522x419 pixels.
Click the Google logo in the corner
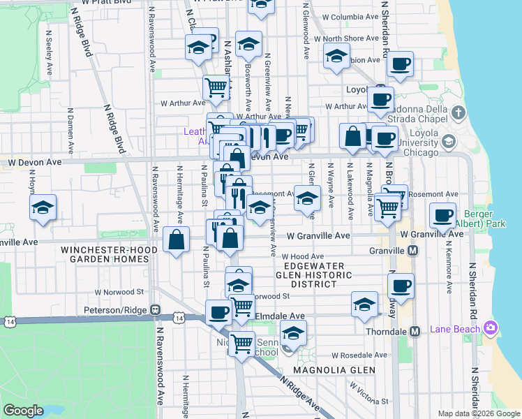[24, 411]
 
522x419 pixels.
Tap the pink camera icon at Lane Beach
[491, 328]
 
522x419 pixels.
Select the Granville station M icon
[412, 251]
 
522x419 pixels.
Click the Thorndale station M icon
[415, 331]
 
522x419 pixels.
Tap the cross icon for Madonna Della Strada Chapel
[458, 112]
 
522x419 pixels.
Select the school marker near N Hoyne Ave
[43, 207]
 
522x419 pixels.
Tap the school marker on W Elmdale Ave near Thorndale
[364, 304]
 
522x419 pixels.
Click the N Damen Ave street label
[70, 131]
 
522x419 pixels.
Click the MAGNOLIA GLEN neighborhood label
[334, 369]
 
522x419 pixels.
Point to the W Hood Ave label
[306, 256]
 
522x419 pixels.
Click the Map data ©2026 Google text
[478, 413]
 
